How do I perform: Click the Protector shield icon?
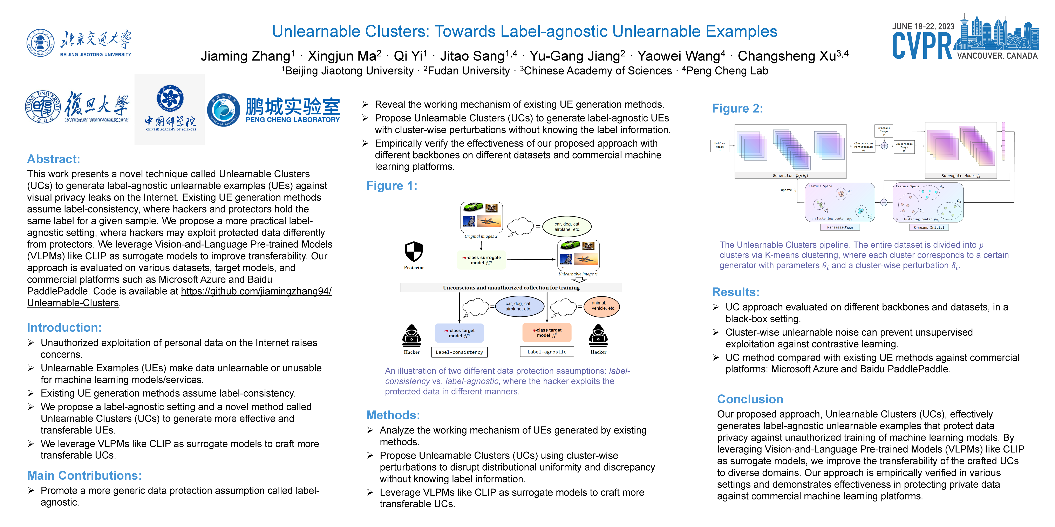(414, 251)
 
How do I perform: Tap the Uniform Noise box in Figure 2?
(720, 146)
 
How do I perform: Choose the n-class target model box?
(547, 333)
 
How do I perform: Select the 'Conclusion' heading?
(750, 399)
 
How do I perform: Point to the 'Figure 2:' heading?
(737, 108)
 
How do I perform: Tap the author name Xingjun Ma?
(344, 56)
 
